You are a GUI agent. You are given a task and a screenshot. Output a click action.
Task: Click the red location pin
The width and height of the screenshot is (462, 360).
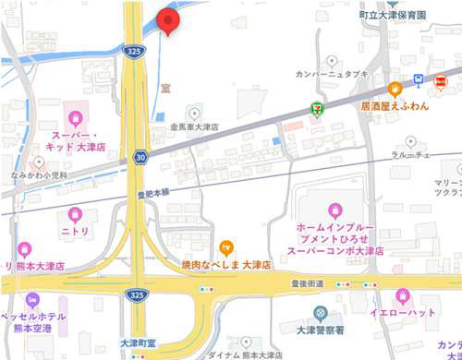(x=168, y=21)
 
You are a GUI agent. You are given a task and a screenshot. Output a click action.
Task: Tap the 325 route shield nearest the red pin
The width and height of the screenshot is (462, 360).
(x=136, y=53)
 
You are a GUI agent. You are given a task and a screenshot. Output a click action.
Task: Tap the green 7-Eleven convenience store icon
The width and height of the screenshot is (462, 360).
(x=317, y=109)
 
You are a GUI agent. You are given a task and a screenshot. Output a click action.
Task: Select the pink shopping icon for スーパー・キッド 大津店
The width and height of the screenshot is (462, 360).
(x=76, y=117)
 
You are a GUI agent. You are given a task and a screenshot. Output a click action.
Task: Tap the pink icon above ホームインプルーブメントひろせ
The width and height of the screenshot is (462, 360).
(x=334, y=210)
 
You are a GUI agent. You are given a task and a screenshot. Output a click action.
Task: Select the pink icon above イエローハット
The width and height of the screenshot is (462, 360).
(x=402, y=297)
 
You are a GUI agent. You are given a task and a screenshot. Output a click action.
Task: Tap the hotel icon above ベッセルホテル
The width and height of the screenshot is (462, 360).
(x=33, y=301)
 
